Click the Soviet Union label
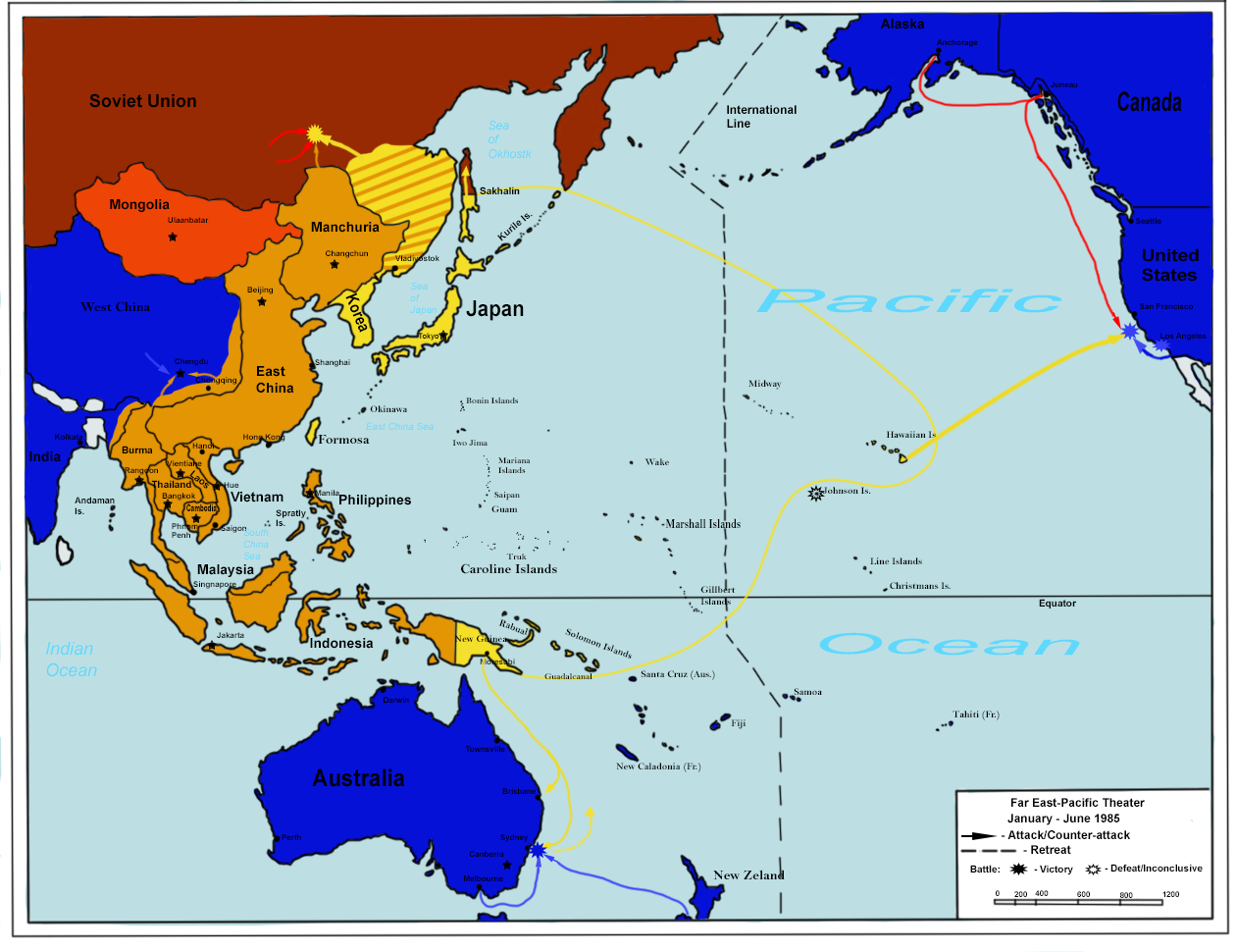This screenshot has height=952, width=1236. click(143, 101)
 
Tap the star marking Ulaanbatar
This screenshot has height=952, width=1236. click(173, 237)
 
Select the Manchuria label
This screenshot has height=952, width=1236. click(344, 227)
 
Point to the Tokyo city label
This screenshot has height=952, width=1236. click(429, 336)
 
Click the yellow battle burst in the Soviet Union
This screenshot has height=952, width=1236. click(315, 131)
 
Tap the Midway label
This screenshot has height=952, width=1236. click(764, 384)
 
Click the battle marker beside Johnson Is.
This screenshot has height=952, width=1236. click(815, 494)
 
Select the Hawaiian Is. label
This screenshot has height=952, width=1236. click(911, 435)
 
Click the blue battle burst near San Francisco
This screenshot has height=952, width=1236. click(1129, 332)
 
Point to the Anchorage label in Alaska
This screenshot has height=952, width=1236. click(956, 43)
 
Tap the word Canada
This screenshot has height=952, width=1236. click(1149, 102)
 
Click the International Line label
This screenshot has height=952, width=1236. click(761, 117)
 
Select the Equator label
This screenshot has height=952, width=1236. click(1057, 604)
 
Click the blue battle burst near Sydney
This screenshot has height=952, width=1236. click(538, 851)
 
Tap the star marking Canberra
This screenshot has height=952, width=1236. click(507, 866)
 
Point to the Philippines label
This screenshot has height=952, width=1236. click(375, 500)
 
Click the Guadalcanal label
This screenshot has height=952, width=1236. click(568, 676)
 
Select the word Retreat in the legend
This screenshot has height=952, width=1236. click(1051, 850)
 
